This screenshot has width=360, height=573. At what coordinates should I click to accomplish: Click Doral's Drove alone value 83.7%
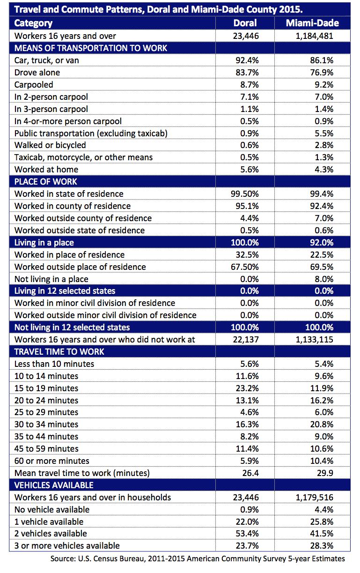(246, 72)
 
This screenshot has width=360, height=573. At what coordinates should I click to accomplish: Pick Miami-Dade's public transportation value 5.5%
(323, 133)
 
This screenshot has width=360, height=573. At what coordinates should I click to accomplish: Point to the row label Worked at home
(46, 170)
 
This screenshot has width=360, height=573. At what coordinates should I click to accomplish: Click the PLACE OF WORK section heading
(46, 181)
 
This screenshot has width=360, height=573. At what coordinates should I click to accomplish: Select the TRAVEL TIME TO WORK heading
(59, 351)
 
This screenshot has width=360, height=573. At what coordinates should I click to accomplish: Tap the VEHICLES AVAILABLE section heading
(54, 485)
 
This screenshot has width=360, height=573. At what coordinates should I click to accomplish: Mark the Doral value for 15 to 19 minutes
(246, 388)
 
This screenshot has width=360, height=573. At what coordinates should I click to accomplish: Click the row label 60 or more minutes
(52, 461)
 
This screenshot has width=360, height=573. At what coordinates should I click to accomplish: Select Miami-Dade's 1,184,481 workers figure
(314, 36)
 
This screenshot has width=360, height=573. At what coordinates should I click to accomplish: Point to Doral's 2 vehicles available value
(246, 534)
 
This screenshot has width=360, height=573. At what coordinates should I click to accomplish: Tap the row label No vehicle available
(52, 509)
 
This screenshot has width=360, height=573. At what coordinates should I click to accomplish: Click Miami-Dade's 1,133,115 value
(314, 339)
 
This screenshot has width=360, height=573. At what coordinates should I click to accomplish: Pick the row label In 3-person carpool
(51, 109)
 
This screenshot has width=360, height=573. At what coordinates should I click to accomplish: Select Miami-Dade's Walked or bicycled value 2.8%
(323, 145)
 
